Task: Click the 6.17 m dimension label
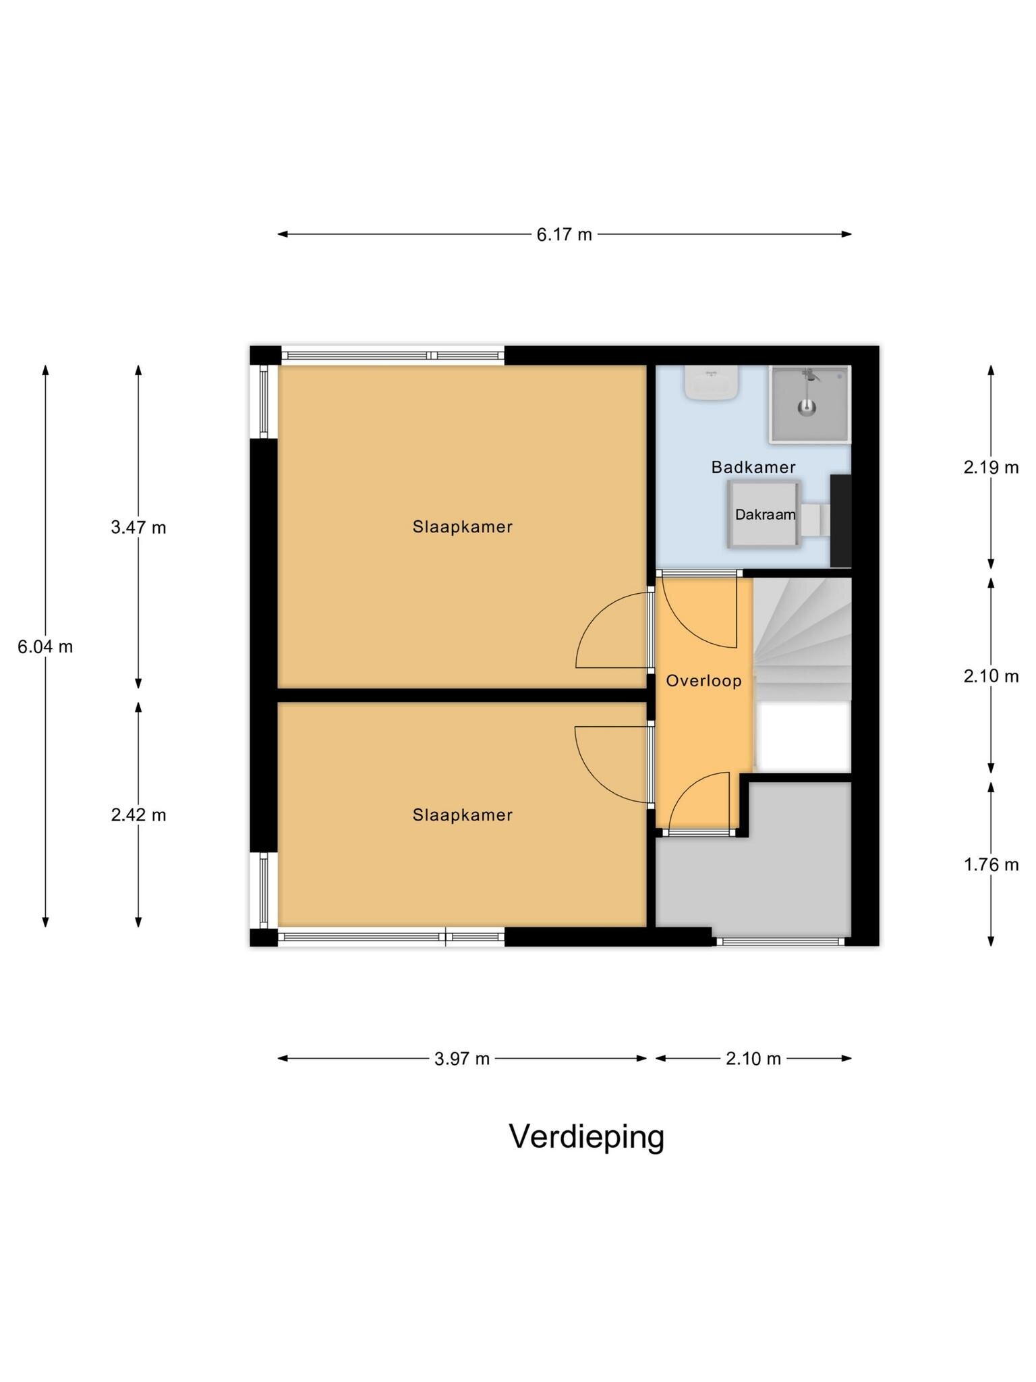pyautogui.click(x=564, y=235)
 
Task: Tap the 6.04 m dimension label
pyautogui.click(x=45, y=647)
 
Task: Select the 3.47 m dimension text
pyautogui.click(x=138, y=528)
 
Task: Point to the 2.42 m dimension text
pyautogui.click(x=138, y=815)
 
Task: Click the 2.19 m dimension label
pyautogui.click(x=991, y=467)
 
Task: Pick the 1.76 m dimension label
pyautogui.click(x=991, y=864)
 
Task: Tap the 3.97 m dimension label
pyautogui.click(x=462, y=1059)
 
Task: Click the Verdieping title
pyautogui.click(x=587, y=1137)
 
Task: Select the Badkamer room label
pyautogui.click(x=753, y=467)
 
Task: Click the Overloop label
pyautogui.click(x=703, y=681)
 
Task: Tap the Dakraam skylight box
pyautogui.click(x=764, y=514)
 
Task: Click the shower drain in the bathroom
pyautogui.click(x=807, y=407)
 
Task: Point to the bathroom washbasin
pyautogui.click(x=711, y=382)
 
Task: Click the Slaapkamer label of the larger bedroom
pyautogui.click(x=463, y=527)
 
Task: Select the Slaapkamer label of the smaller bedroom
pyautogui.click(x=463, y=815)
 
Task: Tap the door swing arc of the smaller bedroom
pyautogui.click(x=596, y=780)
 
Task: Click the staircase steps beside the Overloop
pyautogui.click(x=803, y=638)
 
